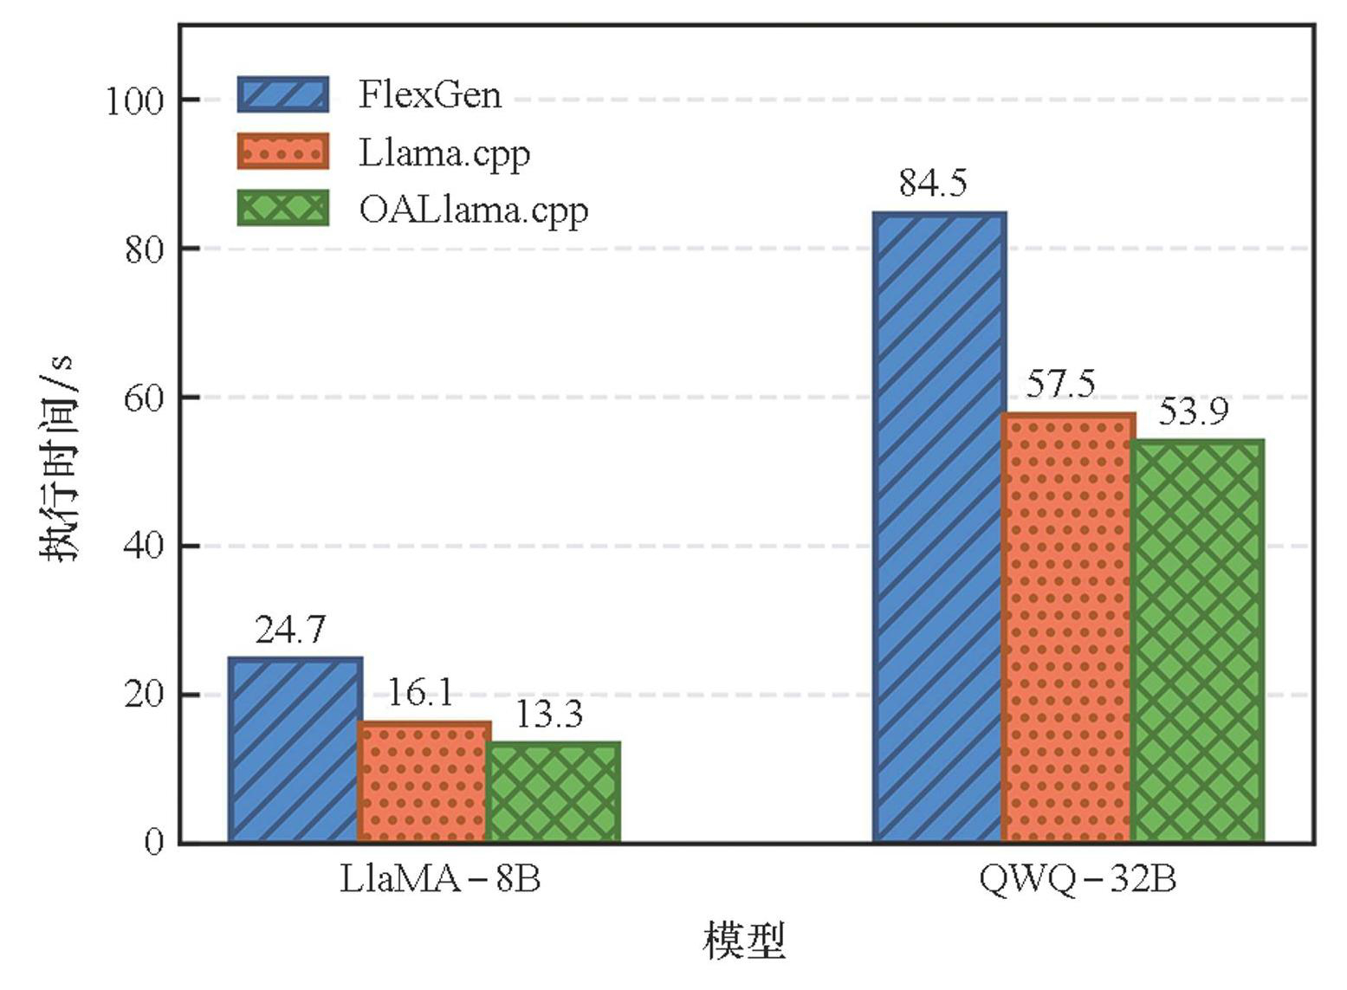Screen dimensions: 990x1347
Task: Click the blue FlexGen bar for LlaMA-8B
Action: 295,750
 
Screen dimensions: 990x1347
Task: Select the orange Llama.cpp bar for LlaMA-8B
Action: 424,782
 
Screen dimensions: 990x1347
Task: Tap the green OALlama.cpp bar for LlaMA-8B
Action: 554,792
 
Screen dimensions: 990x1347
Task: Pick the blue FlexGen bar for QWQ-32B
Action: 940,527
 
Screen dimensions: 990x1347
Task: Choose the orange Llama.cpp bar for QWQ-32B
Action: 1068,628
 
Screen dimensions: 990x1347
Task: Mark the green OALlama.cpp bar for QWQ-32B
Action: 1197,641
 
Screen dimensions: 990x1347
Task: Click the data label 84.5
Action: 933,184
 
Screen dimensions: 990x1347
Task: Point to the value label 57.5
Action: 1061,384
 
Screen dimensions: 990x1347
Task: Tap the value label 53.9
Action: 1193,411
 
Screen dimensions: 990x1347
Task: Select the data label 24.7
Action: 291,630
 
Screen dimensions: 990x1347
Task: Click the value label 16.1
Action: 419,693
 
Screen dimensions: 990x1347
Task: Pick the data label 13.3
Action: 549,715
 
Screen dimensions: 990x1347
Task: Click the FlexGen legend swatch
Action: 283,94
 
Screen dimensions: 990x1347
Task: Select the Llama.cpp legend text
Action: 444,153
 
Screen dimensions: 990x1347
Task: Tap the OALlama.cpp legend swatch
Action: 283,209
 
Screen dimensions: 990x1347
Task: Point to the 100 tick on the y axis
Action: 134,101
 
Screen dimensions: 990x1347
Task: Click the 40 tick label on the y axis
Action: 143,547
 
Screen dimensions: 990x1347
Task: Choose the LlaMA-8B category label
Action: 440,880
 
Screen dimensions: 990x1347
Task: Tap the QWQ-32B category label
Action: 1078,880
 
